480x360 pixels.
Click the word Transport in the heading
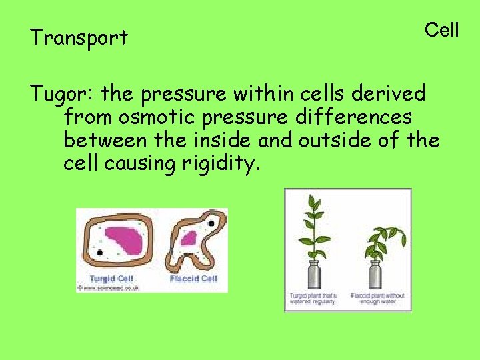point(79,38)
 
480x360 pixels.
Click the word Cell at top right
point(441,30)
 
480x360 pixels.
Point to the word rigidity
point(219,163)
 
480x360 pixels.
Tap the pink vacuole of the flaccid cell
point(189,238)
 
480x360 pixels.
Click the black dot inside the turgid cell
point(99,253)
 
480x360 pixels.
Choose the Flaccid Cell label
point(193,278)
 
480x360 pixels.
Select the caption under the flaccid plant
point(378,299)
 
